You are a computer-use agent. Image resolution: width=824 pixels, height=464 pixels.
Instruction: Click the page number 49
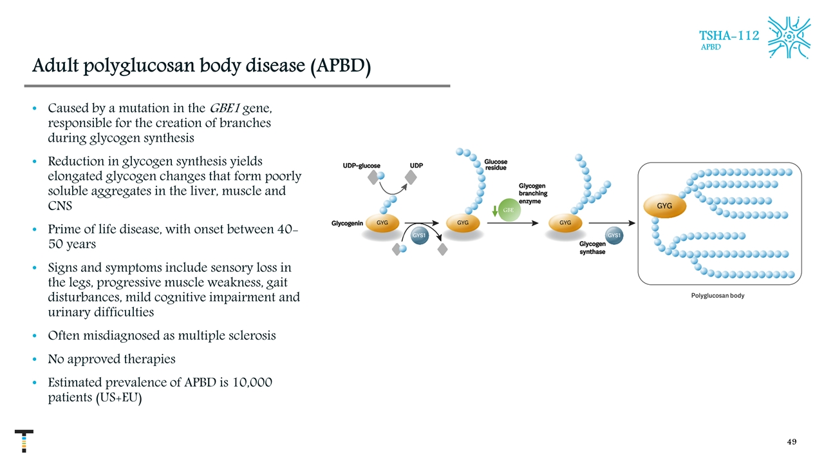pos(792,442)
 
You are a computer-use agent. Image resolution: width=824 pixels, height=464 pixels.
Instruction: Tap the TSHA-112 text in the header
pos(729,35)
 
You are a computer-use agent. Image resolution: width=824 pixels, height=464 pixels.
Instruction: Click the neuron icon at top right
pos(789,37)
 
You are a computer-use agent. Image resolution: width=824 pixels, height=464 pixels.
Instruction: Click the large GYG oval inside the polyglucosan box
pos(664,206)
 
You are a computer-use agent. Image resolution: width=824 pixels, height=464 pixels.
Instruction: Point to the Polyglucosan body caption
pos(717,296)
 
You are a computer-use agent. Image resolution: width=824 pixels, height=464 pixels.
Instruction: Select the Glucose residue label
pos(496,165)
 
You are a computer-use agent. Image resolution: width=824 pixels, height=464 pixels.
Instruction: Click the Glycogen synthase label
pos(592,248)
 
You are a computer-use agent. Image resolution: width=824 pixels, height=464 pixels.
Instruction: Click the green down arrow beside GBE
pos(494,211)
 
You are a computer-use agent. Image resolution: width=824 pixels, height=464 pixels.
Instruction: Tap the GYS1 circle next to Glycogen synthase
pos(614,236)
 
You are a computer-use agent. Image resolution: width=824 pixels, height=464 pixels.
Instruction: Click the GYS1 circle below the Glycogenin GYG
pos(419,236)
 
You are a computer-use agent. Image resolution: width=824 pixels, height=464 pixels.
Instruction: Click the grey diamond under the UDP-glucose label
pos(372,177)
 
